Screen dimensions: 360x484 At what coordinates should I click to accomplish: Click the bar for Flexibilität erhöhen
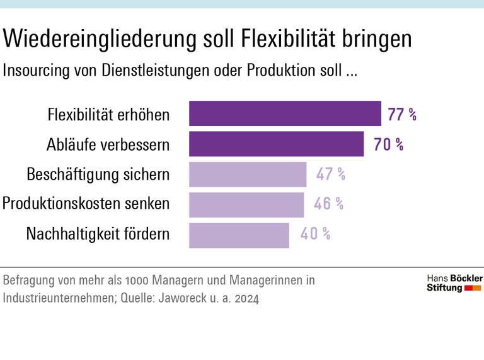click(x=285, y=114)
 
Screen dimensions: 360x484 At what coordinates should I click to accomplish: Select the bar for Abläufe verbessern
click(x=276, y=144)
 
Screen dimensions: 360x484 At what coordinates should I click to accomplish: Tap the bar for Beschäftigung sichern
click(x=248, y=174)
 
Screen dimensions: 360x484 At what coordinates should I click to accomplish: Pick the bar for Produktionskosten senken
click(x=246, y=204)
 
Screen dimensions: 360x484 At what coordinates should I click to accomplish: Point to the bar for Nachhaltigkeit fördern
click(x=239, y=235)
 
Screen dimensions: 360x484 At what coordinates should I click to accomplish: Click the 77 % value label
click(x=402, y=115)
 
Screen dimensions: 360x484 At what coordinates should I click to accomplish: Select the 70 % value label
click(x=388, y=144)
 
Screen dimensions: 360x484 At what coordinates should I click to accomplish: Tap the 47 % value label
click(x=330, y=174)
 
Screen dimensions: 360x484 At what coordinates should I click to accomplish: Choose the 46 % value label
click(x=328, y=204)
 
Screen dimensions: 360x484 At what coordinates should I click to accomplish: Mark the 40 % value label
click(x=315, y=234)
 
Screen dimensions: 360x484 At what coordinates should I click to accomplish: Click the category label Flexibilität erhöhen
click(x=108, y=115)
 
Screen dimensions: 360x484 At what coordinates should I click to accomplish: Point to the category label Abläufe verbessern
click(x=108, y=144)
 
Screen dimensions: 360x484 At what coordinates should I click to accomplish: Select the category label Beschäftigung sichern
click(x=98, y=174)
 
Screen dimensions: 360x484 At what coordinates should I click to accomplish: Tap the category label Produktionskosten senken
click(x=86, y=204)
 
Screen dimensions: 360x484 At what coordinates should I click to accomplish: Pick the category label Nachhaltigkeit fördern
click(x=98, y=234)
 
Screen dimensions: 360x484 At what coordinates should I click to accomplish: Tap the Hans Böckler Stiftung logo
click(x=454, y=283)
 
